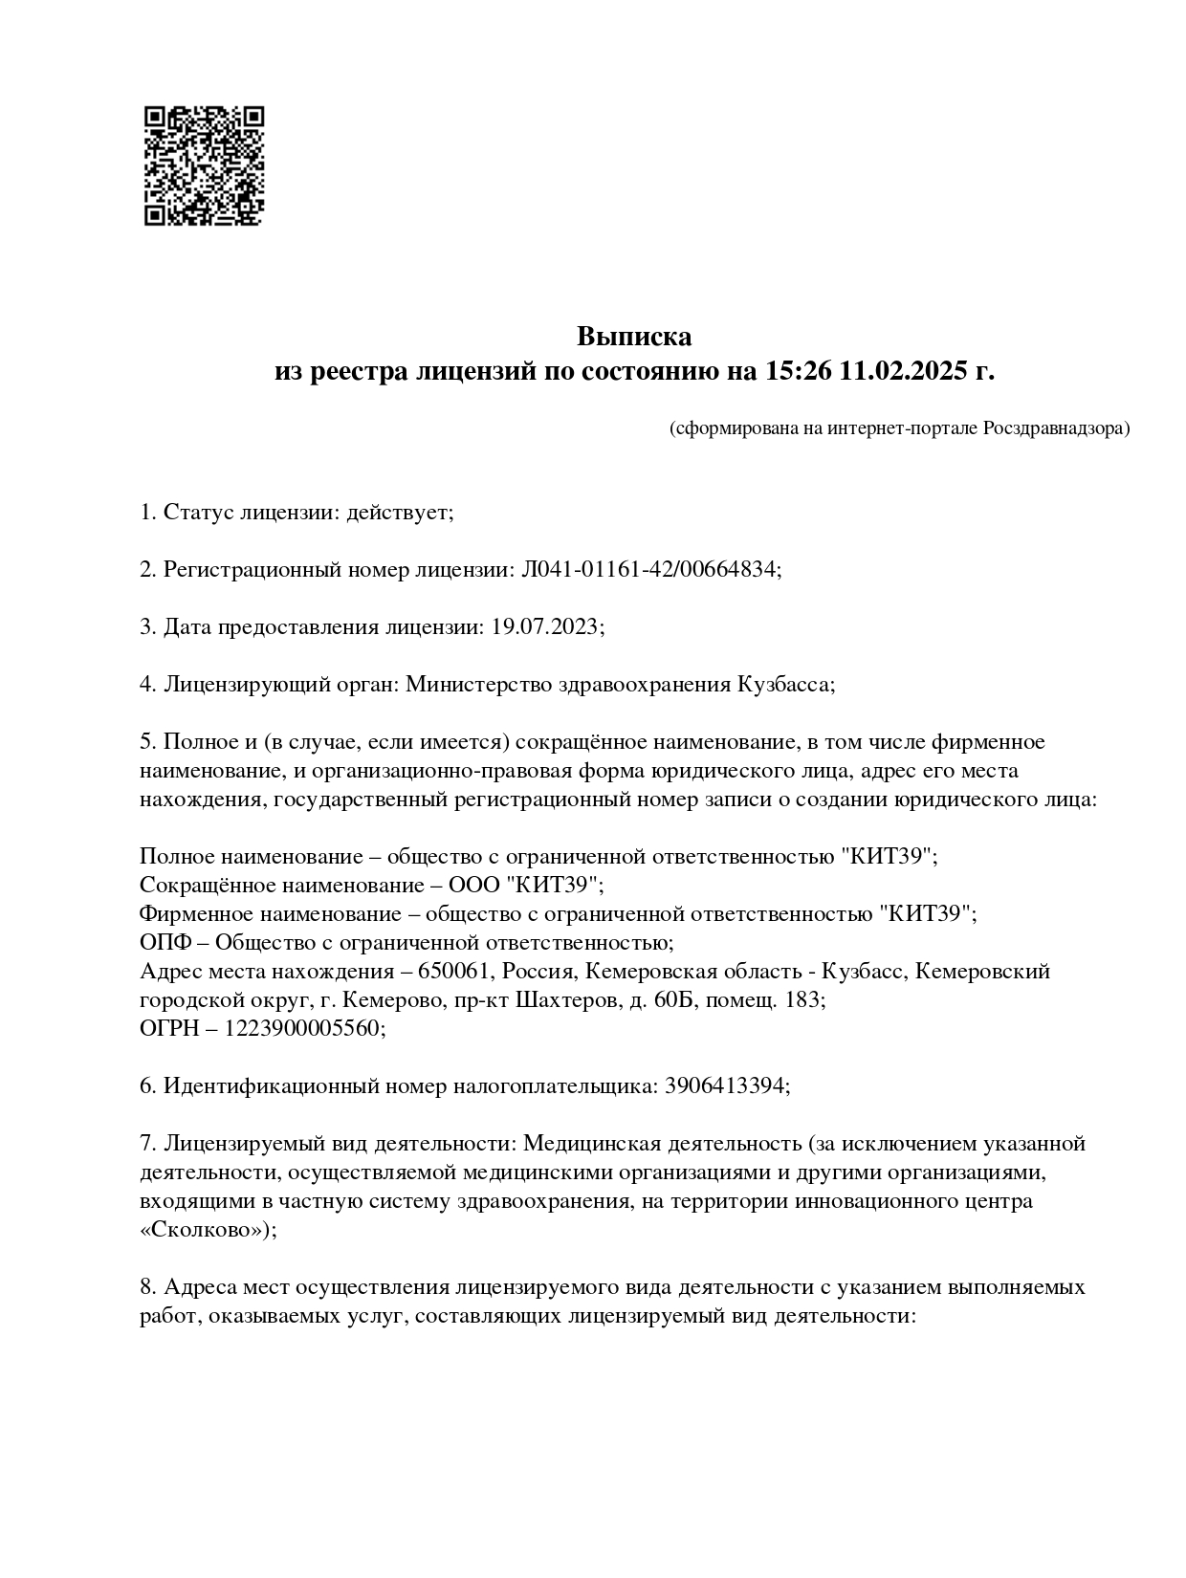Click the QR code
click(204, 165)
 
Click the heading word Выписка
click(634, 337)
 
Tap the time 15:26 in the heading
click(798, 371)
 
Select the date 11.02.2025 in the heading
click(902, 371)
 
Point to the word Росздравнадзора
click(1055, 428)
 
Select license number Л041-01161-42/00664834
click(649, 570)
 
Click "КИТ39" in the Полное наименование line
click(887, 857)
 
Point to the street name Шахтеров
click(560, 1000)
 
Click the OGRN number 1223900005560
click(303, 1029)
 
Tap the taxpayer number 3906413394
click(726, 1086)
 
